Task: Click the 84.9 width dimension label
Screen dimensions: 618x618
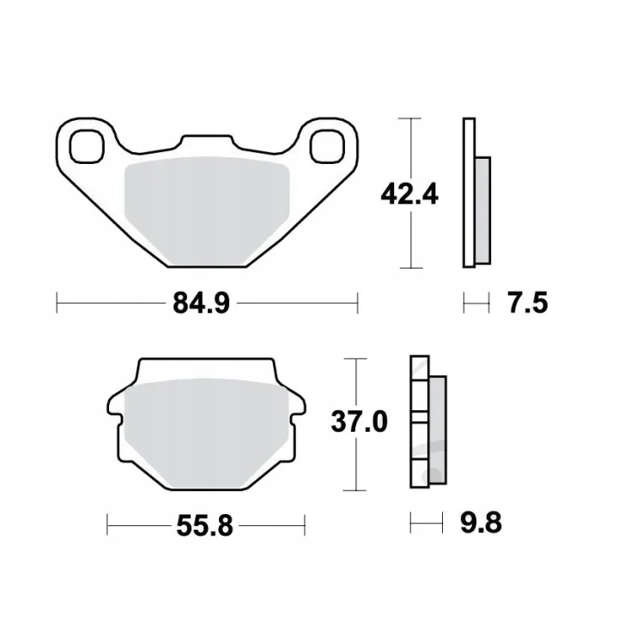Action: [201, 304]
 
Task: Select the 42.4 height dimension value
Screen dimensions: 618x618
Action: [409, 194]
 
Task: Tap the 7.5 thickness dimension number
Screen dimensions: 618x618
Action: [527, 304]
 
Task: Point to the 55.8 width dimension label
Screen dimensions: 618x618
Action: [204, 526]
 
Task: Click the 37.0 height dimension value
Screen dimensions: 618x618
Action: [359, 421]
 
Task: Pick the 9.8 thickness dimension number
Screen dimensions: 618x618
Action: [482, 523]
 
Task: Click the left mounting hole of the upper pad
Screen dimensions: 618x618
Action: [87, 147]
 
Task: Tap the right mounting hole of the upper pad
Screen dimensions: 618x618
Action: [327, 147]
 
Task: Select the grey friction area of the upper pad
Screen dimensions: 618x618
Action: [207, 211]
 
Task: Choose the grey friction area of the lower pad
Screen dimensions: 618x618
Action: [206, 433]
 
